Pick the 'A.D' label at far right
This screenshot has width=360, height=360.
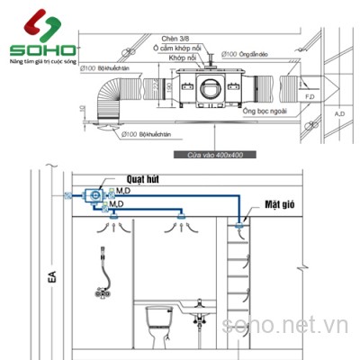(x=339, y=114)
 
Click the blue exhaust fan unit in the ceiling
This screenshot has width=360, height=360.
(x=92, y=196)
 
